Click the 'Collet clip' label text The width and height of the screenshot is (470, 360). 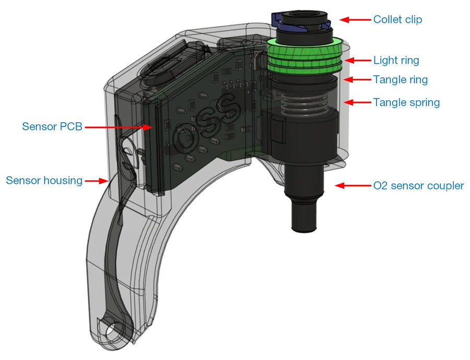click(397, 20)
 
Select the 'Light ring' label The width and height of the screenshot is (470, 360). click(396, 61)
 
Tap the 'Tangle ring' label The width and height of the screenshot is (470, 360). click(400, 80)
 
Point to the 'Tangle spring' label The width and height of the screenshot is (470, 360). click(406, 102)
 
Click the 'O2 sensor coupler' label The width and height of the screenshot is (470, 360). click(418, 185)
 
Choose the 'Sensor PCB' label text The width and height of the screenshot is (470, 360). click(52, 126)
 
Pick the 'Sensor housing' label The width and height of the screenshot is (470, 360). click(44, 181)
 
